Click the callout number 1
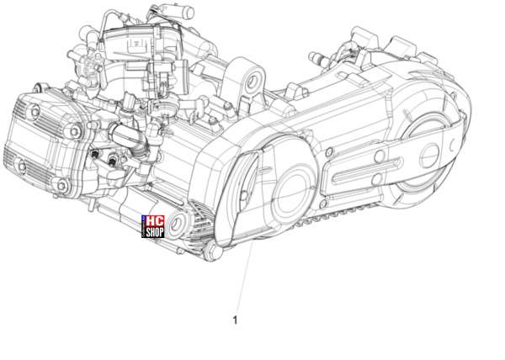tap(235, 320)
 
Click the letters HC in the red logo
tap(155, 221)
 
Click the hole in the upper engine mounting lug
tap(252, 82)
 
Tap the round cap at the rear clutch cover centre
tap(430, 156)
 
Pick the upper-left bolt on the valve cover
tap(35, 112)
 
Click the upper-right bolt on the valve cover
tap(74, 131)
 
